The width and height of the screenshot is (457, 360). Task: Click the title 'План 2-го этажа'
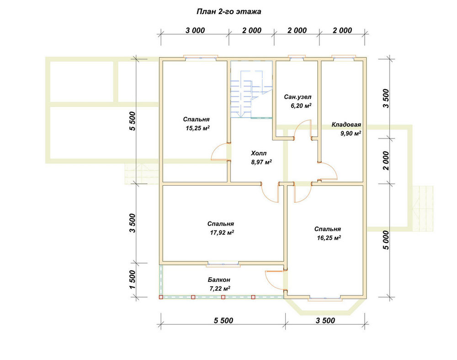pyautogui.click(x=229, y=12)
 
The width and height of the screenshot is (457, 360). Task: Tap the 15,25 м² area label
pyautogui.click(x=198, y=128)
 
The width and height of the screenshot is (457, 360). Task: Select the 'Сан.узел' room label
pyautogui.click(x=298, y=97)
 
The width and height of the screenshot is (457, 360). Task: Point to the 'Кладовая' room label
pyautogui.click(x=346, y=124)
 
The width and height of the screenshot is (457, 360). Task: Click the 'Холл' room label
pyautogui.click(x=259, y=153)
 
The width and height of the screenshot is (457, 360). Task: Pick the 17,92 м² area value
pyautogui.click(x=223, y=232)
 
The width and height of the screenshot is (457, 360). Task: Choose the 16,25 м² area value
pyautogui.click(x=329, y=238)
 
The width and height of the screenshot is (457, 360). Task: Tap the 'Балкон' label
pyautogui.click(x=219, y=280)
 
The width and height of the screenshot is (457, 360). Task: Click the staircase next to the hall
pyautogui.click(x=251, y=94)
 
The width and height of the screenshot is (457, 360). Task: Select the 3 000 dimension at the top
pyautogui.click(x=195, y=30)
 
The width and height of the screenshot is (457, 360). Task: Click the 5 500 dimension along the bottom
pyautogui.click(x=223, y=321)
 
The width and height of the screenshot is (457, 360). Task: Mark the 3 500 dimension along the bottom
pyautogui.click(x=325, y=321)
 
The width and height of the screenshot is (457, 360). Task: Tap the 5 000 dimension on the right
pyautogui.click(x=386, y=240)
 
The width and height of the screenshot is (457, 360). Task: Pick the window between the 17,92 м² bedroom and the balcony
pyautogui.click(x=223, y=264)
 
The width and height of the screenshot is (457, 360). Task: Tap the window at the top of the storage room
pyautogui.click(x=344, y=58)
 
